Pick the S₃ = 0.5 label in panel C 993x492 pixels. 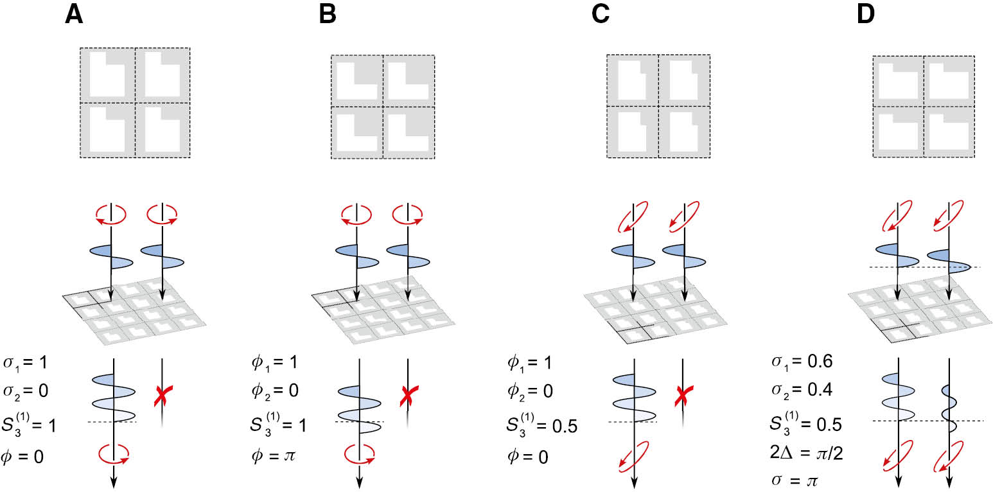tap(540, 424)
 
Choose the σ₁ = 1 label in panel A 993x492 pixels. tap(25, 362)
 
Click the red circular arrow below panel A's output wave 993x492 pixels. tap(114, 454)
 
